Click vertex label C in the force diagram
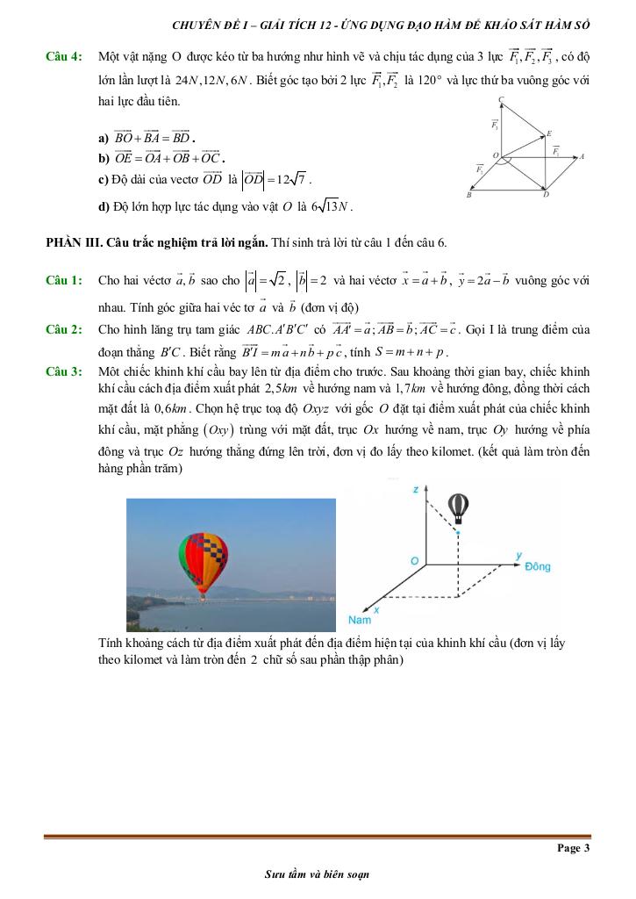tap(500, 99)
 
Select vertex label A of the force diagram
tap(582, 157)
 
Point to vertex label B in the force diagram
tap(469, 195)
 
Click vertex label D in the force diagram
tap(546, 196)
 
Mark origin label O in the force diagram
tap(496, 155)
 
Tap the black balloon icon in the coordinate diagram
tap(458, 507)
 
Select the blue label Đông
tap(537, 567)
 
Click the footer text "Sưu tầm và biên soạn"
tap(318, 874)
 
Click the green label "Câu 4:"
tap(64, 57)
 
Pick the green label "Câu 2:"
tap(64, 329)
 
